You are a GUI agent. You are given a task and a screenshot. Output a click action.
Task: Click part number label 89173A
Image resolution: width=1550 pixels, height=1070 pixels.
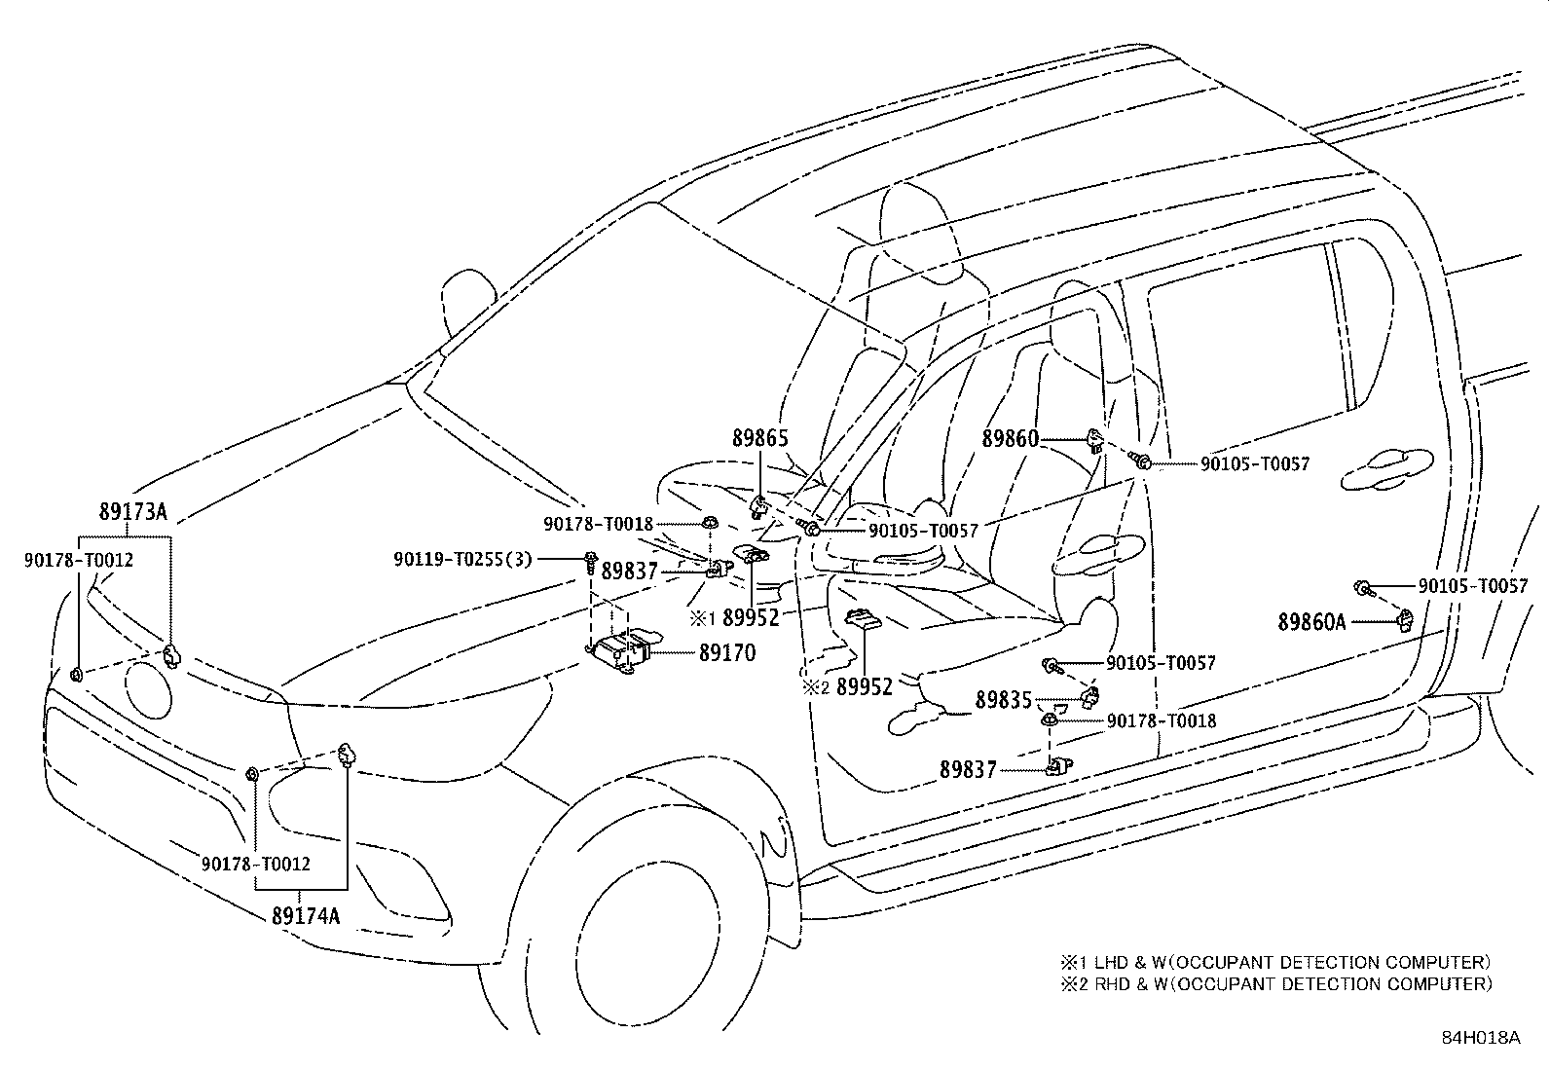point(132,512)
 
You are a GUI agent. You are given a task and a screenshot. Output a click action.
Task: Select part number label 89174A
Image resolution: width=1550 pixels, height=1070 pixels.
point(306,915)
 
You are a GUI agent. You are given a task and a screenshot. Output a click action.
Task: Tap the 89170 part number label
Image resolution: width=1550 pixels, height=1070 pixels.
point(726,653)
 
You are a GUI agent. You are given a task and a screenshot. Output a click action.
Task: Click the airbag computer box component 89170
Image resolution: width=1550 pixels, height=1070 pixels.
point(624,649)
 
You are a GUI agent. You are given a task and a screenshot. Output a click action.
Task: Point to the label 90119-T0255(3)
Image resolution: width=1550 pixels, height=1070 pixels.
point(462,559)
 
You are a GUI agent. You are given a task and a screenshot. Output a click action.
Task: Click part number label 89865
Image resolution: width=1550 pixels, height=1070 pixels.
point(759,439)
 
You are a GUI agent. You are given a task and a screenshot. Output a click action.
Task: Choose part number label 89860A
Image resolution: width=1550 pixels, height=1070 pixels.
point(1310,620)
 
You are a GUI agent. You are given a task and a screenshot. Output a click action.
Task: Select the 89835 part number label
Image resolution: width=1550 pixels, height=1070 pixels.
point(1003,701)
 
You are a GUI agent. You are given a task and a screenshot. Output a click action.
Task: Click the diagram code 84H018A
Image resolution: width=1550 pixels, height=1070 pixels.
point(1480,1037)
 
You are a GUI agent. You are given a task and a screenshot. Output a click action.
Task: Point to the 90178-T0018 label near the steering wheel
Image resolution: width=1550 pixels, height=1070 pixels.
point(598,524)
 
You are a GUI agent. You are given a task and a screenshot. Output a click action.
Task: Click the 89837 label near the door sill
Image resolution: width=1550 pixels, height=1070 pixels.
point(968,769)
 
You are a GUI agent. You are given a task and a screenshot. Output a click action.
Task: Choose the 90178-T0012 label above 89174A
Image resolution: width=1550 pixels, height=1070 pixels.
point(256,864)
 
